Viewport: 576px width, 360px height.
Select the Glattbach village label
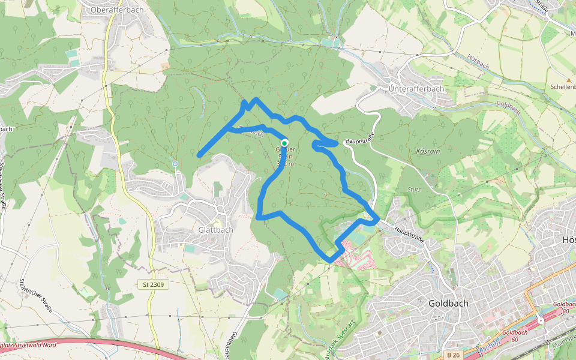215,230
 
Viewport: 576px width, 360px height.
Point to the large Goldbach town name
448,304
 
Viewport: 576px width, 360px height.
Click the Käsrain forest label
428,152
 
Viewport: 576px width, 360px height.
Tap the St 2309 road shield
154,284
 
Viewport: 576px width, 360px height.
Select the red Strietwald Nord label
30,346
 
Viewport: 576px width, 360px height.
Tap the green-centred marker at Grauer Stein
284,143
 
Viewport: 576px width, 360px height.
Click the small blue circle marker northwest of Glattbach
175,163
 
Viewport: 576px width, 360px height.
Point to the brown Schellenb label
563,87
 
